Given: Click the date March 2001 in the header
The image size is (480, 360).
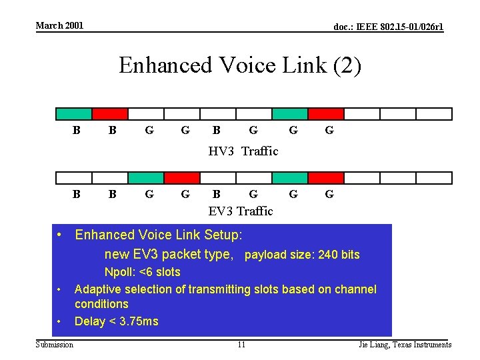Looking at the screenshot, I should tap(59, 25).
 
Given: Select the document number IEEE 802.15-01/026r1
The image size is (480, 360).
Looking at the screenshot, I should tap(388, 27).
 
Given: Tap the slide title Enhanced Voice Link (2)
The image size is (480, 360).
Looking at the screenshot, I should tap(240, 65).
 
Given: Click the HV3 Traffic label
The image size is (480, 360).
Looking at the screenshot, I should tap(243, 151).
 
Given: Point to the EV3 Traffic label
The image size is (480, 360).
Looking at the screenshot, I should tap(241, 211).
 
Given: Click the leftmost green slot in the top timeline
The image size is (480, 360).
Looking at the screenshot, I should tap(73, 114).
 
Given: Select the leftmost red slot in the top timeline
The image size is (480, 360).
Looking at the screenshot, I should tap(109, 114).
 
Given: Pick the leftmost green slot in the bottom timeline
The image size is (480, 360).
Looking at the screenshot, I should tap(145, 178).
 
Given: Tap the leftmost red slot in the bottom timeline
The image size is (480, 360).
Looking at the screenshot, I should tap(181, 178).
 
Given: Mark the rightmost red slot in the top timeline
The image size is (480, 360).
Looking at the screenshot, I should tap(325, 114).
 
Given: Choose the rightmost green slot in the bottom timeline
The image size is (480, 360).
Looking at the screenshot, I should tap(290, 178).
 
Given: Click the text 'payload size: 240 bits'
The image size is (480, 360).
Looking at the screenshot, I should tap(303, 255).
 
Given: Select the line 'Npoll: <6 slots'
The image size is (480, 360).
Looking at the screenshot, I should tap(142, 272).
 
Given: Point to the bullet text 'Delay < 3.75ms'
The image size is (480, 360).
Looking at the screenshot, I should tap(117, 321).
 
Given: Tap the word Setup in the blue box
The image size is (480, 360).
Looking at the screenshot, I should tap(221, 235).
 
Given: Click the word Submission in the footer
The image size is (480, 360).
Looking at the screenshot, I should tap(55, 345).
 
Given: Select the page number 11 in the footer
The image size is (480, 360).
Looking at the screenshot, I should tap(241, 345).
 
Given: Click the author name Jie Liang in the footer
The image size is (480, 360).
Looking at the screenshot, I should tap(374, 345).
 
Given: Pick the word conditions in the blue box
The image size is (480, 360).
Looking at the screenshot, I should tap(101, 304).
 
